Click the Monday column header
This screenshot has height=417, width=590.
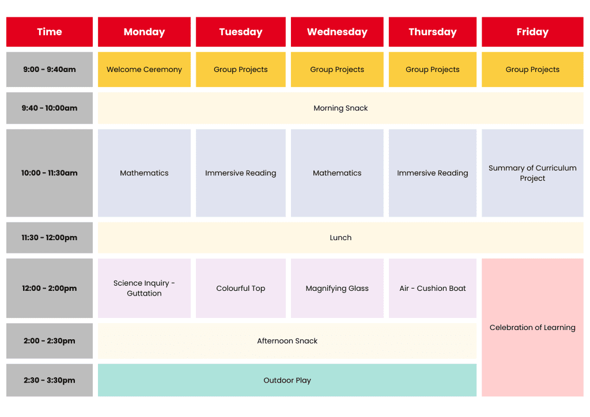(144, 32)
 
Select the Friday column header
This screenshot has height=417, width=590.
(532, 32)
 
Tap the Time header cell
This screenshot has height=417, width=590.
(50, 32)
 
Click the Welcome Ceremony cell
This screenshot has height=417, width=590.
(144, 70)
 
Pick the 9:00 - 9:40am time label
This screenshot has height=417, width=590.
(50, 70)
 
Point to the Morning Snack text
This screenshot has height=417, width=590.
(341, 108)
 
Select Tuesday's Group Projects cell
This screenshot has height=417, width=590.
(240, 70)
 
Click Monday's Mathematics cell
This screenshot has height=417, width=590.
(144, 173)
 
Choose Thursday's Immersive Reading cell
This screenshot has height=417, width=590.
(432, 173)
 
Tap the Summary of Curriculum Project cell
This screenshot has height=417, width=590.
(532, 173)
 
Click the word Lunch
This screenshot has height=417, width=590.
(341, 237)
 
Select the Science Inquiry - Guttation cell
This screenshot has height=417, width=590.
(144, 288)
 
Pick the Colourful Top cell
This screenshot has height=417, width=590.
(240, 288)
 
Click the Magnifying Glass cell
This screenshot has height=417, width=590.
(337, 288)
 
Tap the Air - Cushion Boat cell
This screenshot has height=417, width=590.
(432, 288)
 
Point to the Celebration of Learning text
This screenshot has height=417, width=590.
(532, 328)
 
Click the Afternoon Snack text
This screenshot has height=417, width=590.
(287, 341)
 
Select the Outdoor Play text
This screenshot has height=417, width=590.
(287, 380)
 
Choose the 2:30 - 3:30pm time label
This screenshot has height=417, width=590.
(50, 380)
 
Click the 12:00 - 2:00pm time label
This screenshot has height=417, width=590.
(50, 288)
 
